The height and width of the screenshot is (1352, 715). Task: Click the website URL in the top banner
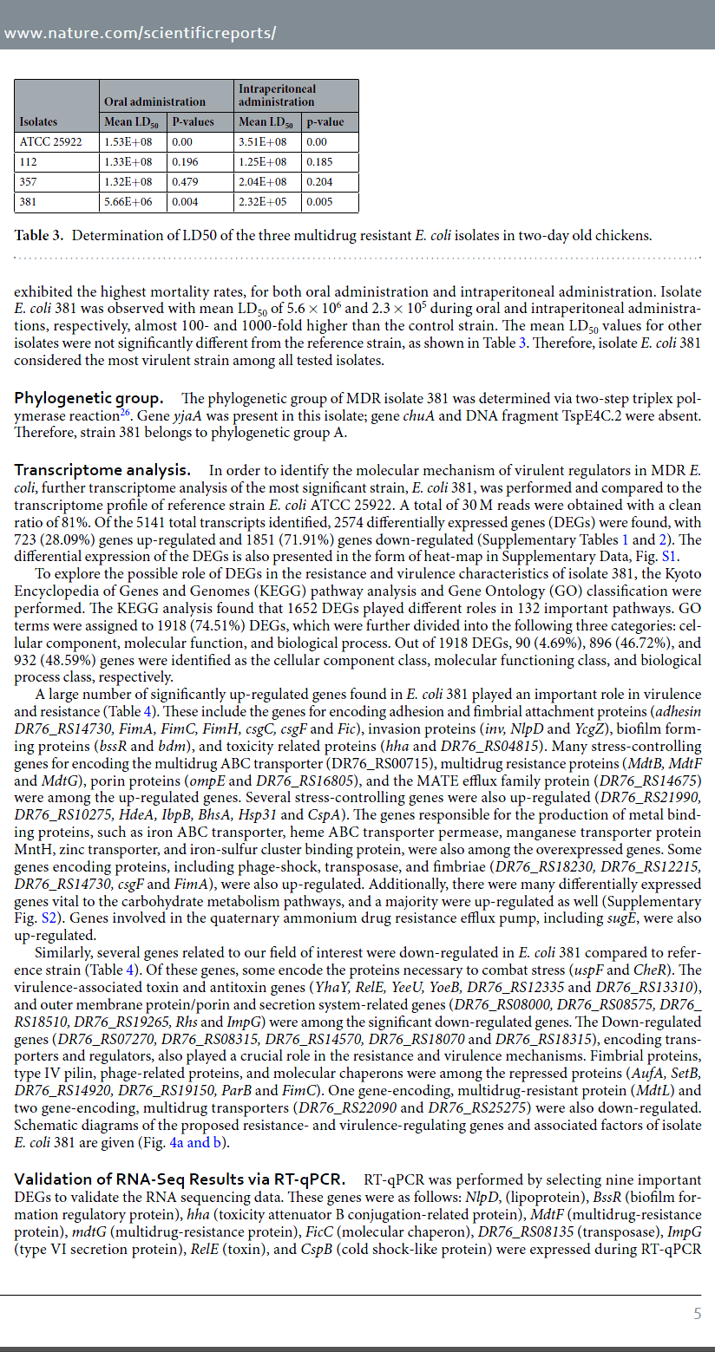tap(140, 33)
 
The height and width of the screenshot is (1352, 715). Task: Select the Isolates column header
tap(38, 122)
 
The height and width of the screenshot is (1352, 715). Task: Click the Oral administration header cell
tap(154, 101)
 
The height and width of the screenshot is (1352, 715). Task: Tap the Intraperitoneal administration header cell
tap(277, 95)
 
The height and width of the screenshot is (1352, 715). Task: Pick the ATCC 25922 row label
tap(50, 141)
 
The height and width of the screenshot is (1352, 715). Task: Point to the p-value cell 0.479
tap(186, 182)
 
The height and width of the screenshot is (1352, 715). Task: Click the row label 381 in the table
tap(29, 202)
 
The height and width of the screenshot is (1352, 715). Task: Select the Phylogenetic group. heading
tap(89, 399)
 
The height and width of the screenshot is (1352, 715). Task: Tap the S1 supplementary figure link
tap(670, 557)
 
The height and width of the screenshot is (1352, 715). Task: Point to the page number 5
tap(697, 1313)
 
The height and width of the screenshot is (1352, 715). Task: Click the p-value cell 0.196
tap(186, 162)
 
